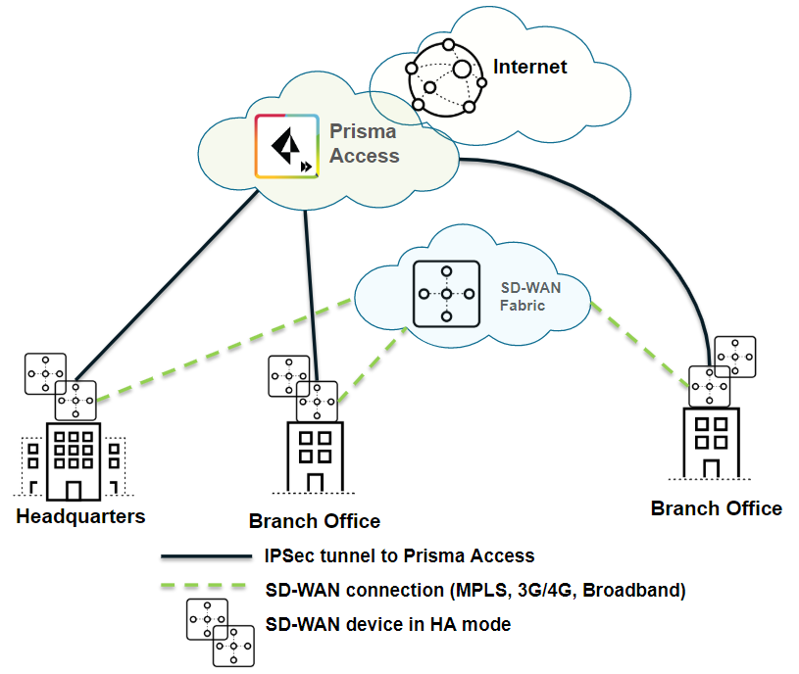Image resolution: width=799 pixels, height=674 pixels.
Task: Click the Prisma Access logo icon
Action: point(286,146)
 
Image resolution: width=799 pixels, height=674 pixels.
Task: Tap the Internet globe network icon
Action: point(447,77)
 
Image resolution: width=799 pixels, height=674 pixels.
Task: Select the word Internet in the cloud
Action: point(530,67)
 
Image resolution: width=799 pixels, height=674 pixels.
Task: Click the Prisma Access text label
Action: point(365,143)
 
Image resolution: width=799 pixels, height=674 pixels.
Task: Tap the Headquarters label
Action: point(80,516)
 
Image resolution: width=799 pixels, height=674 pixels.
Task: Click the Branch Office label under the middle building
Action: point(314,521)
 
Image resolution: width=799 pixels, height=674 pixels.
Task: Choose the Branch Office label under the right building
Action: point(717,508)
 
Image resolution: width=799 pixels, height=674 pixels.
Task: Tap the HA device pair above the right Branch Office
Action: point(723,371)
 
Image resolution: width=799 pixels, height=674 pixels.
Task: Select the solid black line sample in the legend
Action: point(206,556)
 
